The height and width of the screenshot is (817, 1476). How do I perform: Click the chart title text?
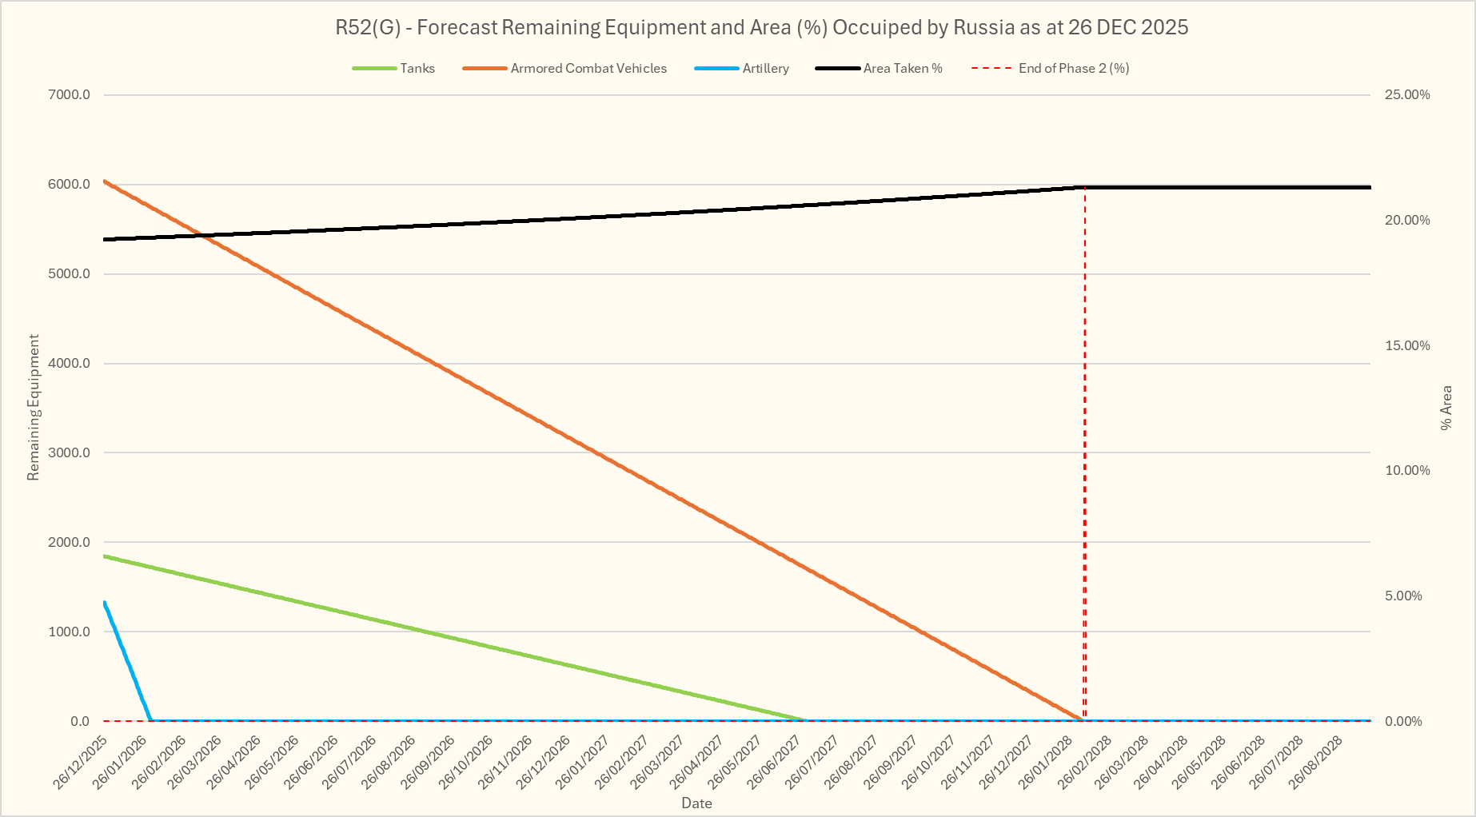[x=761, y=28]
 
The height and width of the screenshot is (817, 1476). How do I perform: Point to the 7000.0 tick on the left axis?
[x=70, y=95]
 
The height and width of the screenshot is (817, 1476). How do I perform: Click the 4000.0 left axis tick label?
[x=70, y=364]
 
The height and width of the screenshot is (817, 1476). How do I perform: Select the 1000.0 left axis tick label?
[x=70, y=632]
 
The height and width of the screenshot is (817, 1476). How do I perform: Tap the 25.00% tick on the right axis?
[x=1407, y=95]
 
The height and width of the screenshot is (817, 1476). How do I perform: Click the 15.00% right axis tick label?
[x=1407, y=346]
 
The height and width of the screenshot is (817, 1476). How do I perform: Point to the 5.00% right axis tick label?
[x=1404, y=596]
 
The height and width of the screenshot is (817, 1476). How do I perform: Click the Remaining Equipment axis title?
[x=34, y=408]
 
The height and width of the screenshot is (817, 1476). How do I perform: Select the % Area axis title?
[x=1446, y=408]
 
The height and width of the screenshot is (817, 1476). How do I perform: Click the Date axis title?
[x=696, y=803]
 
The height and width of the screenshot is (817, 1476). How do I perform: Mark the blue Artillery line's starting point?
[x=105, y=603]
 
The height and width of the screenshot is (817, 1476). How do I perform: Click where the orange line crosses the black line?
[x=204, y=235]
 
